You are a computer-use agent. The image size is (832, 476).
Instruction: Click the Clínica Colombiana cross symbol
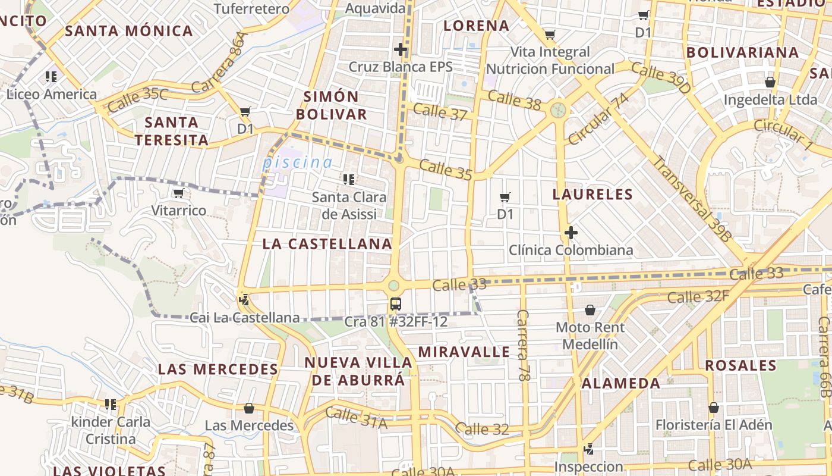pyautogui.click(x=571, y=233)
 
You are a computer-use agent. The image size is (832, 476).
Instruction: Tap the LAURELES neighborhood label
pyautogui.click(x=593, y=195)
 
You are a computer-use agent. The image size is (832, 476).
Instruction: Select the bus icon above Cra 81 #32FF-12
pyautogui.click(x=395, y=304)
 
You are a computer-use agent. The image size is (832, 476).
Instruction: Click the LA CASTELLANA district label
pyautogui.click(x=327, y=243)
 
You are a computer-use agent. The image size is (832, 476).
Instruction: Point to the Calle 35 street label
pyautogui.click(x=446, y=169)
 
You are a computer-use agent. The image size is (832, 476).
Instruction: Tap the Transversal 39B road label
pyautogui.click(x=693, y=198)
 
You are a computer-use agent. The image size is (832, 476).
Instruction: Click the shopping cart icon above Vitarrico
pyautogui.click(x=178, y=193)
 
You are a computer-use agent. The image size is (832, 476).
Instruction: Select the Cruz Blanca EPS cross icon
pyautogui.click(x=401, y=49)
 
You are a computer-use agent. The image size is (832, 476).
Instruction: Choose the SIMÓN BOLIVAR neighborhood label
pyautogui.click(x=332, y=105)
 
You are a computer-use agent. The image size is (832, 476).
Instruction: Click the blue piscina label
pyautogui.click(x=297, y=162)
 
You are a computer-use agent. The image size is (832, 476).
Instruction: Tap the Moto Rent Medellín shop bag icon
pyautogui.click(x=590, y=310)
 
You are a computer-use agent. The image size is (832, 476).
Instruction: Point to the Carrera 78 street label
pyautogui.click(x=523, y=345)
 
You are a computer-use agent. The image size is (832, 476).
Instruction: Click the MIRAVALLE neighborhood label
pyautogui.click(x=464, y=352)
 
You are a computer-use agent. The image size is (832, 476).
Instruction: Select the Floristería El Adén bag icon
pyautogui.click(x=714, y=408)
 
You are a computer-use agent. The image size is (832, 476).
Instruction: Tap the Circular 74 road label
pyautogui.click(x=598, y=118)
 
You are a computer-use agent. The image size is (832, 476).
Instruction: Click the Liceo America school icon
pyautogui.click(x=51, y=77)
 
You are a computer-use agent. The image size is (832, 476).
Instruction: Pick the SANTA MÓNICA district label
pyautogui.click(x=129, y=31)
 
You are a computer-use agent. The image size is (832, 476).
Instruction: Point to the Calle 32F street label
pyautogui.click(x=698, y=296)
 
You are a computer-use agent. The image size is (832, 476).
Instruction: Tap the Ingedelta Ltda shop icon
pyautogui.click(x=770, y=82)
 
